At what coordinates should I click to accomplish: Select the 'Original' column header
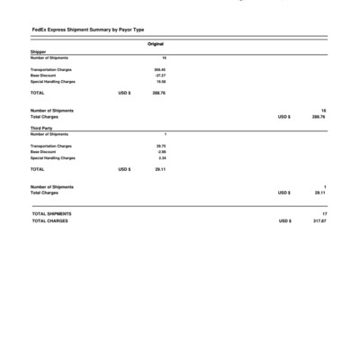(156, 44)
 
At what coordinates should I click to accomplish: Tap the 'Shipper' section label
(38, 52)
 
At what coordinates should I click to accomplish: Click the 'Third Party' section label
(41, 129)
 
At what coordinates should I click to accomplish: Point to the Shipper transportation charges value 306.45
(159, 68)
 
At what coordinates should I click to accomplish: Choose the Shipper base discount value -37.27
(160, 75)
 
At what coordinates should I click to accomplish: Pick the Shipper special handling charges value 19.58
(161, 81)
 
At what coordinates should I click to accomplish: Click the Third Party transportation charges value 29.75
(161, 145)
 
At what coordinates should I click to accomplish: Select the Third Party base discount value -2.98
(161, 151)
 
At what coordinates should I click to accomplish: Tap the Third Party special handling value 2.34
(162, 157)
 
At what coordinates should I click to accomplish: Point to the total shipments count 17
(323, 213)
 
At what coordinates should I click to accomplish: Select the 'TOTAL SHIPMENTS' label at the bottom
(52, 213)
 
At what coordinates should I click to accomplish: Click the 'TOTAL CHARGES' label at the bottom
(50, 220)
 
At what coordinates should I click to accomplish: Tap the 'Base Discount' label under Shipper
(43, 75)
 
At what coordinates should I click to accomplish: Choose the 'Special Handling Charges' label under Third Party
(53, 157)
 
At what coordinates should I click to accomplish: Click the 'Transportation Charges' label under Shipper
(51, 68)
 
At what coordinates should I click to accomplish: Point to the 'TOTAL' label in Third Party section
(38, 168)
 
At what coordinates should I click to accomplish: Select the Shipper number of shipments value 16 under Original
(164, 58)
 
